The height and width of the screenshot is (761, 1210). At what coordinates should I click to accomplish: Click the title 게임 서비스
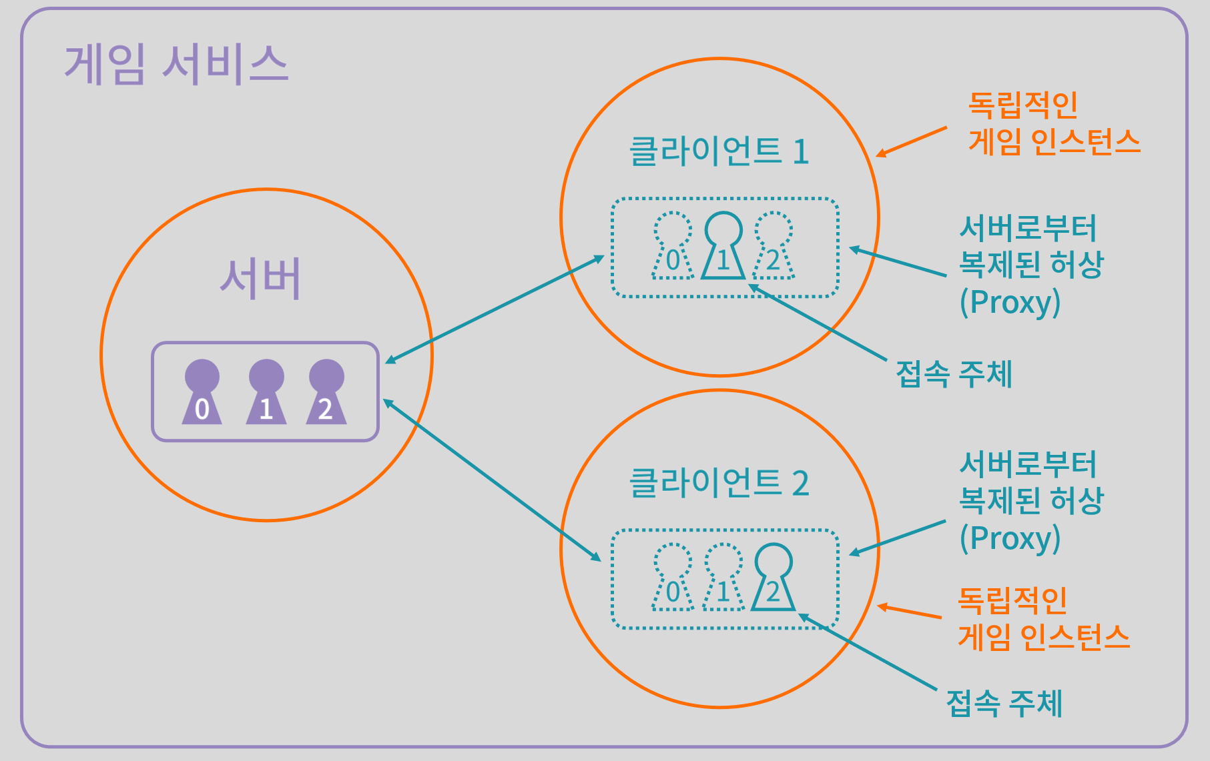click(176, 65)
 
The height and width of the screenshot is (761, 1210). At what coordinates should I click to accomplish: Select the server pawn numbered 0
click(202, 392)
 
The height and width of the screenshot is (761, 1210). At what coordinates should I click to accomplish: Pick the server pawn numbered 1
click(266, 392)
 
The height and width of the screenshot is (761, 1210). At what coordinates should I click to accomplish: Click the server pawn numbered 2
click(326, 392)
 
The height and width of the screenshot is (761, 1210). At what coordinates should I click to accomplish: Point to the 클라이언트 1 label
click(719, 151)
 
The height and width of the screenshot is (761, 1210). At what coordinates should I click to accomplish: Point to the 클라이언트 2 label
click(719, 482)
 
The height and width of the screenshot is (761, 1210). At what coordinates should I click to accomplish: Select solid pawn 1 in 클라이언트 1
click(723, 245)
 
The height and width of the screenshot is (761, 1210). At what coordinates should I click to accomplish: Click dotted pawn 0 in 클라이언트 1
click(673, 245)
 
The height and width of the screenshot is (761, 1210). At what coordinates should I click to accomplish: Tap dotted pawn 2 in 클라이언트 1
click(774, 245)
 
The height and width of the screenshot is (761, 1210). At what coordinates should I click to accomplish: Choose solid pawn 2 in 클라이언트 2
click(774, 577)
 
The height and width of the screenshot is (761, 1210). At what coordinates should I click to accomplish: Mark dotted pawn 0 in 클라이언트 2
click(673, 577)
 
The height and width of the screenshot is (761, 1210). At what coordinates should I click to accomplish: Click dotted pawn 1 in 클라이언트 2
click(723, 577)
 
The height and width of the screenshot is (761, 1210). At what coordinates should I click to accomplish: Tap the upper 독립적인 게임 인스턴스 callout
click(1054, 123)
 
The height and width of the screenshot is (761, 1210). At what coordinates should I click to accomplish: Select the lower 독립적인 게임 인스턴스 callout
click(1044, 618)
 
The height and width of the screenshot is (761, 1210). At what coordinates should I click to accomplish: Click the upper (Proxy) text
click(1010, 302)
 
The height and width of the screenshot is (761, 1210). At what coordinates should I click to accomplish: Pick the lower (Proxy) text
click(1010, 538)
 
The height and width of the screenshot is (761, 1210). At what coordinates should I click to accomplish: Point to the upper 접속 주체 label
click(954, 373)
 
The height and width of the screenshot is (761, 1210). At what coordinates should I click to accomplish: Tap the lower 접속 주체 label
click(1004, 703)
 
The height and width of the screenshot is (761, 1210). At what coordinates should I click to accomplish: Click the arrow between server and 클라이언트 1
click(495, 309)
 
